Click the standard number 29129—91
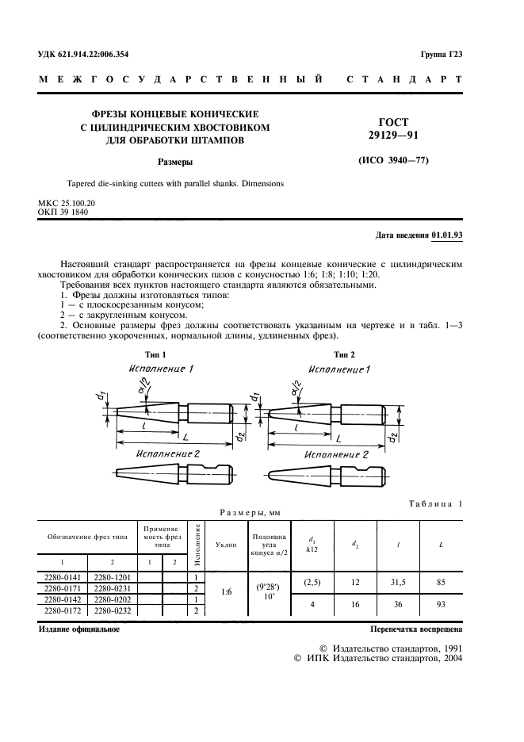click(x=388, y=136)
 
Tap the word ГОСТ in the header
click(x=388, y=122)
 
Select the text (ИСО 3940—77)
click(x=388, y=162)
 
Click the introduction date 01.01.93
click(x=448, y=235)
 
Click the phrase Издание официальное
click(x=79, y=629)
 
